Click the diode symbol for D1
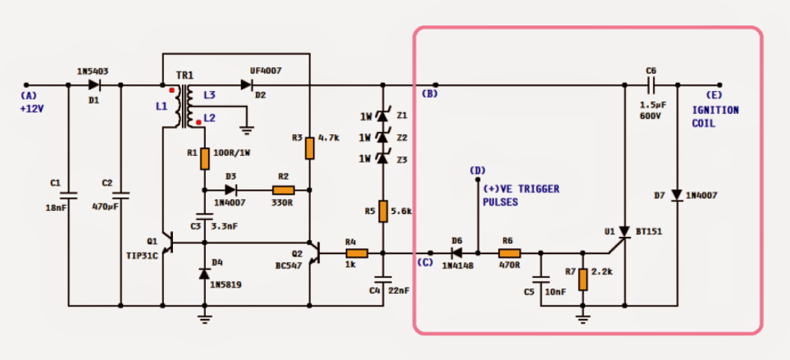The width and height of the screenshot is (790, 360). [95, 85]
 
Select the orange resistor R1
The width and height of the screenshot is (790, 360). [204, 158]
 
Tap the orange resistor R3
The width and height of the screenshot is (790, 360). [309, 147]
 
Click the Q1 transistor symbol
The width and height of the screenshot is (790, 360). [169, 243]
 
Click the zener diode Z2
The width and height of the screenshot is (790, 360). [383, 137]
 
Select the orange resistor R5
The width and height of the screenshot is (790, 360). [383, 211]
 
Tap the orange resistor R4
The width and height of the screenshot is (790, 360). [356, 253]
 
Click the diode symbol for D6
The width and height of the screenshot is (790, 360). [457, 253]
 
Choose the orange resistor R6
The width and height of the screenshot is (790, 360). [510, 253]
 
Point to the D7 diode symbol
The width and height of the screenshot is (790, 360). [677, 195]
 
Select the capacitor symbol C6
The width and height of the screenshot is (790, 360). [651, 85]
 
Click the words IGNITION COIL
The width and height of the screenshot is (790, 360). [715, 116]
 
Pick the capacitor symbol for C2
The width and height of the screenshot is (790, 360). [121, 195]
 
